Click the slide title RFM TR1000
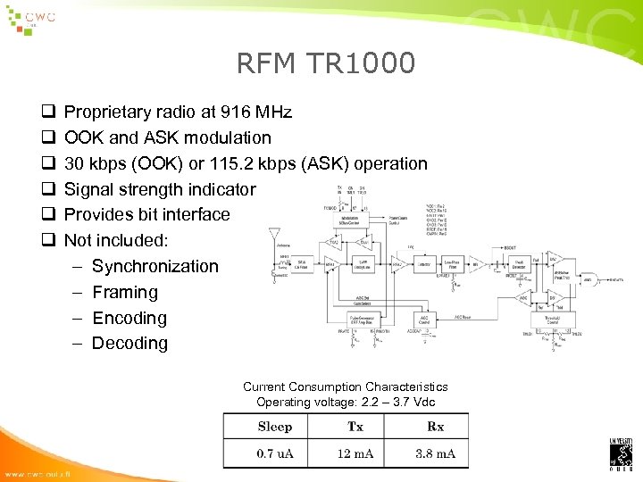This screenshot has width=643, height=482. tap(326, 63)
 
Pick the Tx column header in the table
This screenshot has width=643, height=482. tap(355, 427)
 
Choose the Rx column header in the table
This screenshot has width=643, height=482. tap(436, 427)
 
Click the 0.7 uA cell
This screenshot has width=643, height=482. tap(274, 453)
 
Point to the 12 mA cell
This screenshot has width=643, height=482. tap(355, 453)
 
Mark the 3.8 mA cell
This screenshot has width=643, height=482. tap(436, 453)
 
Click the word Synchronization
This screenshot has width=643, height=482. tap(154, 266)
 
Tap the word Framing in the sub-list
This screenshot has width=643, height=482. tap(124, 292)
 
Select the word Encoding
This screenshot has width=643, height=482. tap(129, 318)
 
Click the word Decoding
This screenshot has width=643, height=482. tap(129, 343)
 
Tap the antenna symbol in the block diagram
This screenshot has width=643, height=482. tap(273, 234)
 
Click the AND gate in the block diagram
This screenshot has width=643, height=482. tap(589, 278)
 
